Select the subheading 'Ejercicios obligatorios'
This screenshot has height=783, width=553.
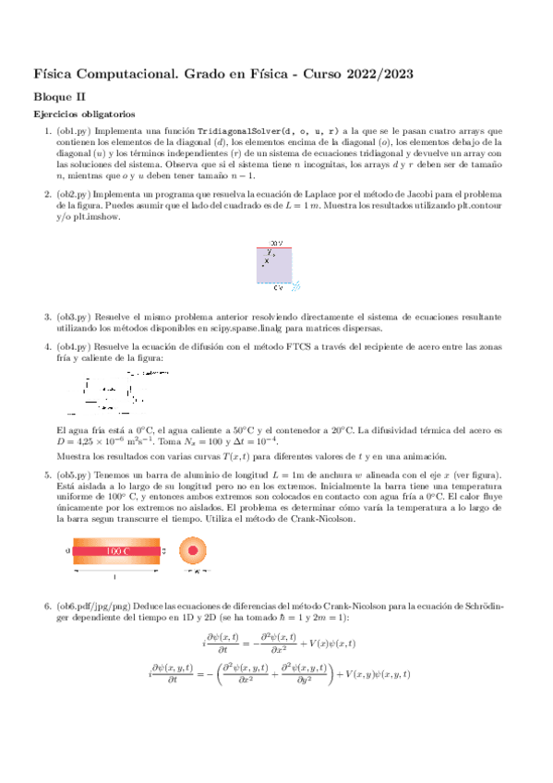pyautogui.click(x=83, y=114)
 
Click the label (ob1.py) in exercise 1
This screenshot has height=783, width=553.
pyautogui.click(x=74, y=132)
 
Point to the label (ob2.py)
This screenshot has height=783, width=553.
pyautogui.click(x=74, y=194)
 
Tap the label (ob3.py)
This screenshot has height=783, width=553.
pyautogui.click(x=74, y=317)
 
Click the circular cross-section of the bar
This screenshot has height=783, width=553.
pyautogui.click(x=194, y=551)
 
